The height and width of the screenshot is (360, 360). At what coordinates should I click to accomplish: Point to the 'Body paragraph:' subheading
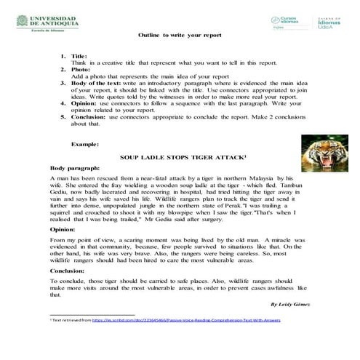(x=73, y=168)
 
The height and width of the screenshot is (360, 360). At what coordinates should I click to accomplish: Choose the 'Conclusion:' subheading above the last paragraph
(x=67, y=270)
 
